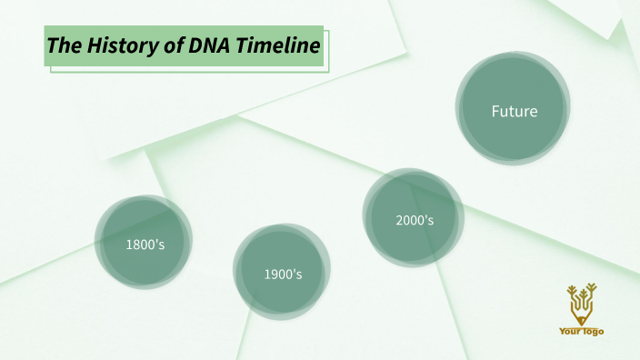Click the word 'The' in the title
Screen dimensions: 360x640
(x=62, y=45)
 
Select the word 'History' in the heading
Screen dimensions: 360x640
(x=116, y=45)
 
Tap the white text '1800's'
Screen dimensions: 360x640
(x=145, y=244)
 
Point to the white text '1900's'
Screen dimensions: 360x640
(x=283, y=274)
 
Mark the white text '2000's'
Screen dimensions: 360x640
(x=415, y=220)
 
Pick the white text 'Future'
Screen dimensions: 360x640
(x=515, y=112)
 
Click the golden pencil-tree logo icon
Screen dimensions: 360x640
(x=581, y=304)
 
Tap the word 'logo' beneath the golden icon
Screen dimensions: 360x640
(x=593, y=332)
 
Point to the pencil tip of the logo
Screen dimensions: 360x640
(x=581, y=321)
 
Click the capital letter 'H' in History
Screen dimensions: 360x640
(x=95, y=45)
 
